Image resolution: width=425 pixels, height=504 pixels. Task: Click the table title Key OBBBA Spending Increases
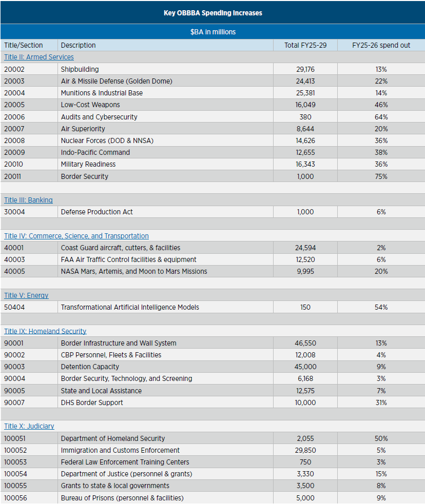point(212,13)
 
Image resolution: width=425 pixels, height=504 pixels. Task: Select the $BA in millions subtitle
point(212,32)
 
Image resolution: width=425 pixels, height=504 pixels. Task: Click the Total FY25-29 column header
point(305,45)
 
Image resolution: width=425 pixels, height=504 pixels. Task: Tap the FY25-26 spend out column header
point(381,45)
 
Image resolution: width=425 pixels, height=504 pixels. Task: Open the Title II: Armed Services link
point(39,57)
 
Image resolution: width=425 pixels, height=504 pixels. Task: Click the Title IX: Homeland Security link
point(45,331)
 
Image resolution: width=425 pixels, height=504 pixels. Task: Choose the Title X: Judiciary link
point(29,426)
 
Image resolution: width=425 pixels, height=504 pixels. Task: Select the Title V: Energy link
point(26,295)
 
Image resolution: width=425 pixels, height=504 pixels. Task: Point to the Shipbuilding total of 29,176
point(305,69)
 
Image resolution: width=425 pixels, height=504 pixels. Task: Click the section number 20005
point(14,105)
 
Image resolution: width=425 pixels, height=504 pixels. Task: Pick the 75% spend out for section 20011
point(381,176)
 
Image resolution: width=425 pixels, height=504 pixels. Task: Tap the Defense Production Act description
point(97,212)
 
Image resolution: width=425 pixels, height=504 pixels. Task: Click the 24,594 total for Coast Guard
point(305,248)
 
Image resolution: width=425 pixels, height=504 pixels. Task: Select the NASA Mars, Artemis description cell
point(134,271)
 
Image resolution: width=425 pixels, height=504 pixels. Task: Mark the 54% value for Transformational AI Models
point(381,307)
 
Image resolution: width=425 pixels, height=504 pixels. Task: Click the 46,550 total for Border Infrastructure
point(305,343)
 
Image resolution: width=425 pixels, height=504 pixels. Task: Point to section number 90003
point(14,367)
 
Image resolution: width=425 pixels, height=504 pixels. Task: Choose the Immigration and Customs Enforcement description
point(120,450)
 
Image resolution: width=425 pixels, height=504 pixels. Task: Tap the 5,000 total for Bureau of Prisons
point(305,498)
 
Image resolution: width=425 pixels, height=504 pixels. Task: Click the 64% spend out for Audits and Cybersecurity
point(381,117)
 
